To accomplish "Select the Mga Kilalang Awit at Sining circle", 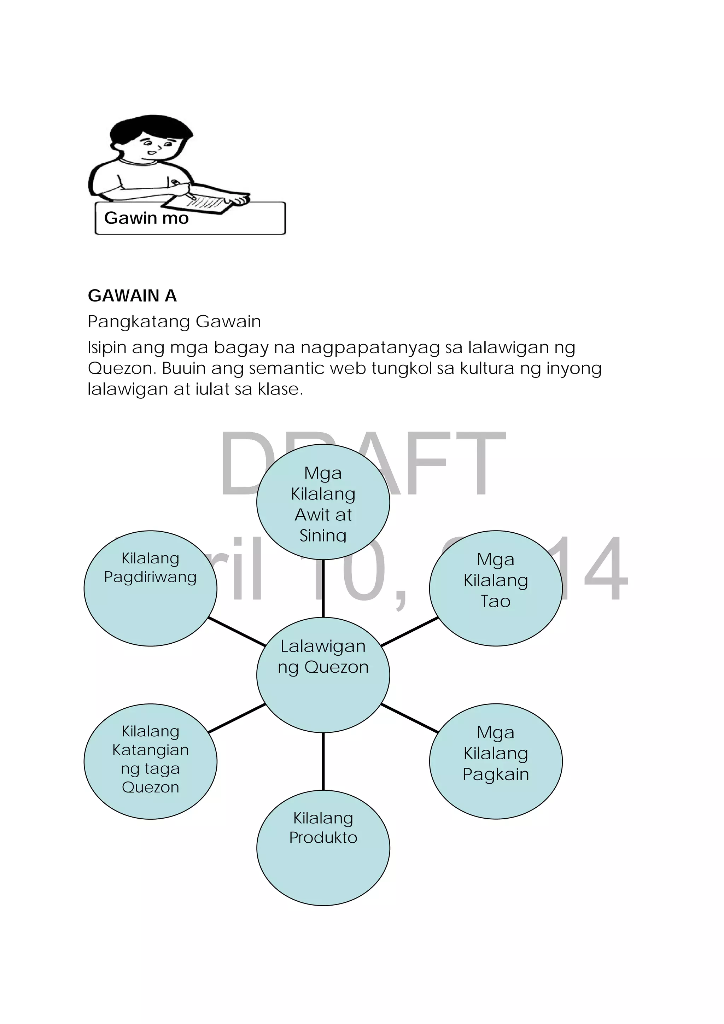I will pyautogui.click(x=323, y=501).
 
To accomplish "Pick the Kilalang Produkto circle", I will pyautogui.click(x=323, y=847).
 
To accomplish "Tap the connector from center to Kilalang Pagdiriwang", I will pyautogui.click(x=237, y=632).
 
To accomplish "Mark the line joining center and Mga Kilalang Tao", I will pyautogui.click(x=409, y=632).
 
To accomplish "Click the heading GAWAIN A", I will pyautogui.click(x=132, y=296).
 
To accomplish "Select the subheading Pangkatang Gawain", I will pyautogui.click(x=174, y=322).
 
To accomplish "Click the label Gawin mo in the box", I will pyautogui.click(x=146, y=218).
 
